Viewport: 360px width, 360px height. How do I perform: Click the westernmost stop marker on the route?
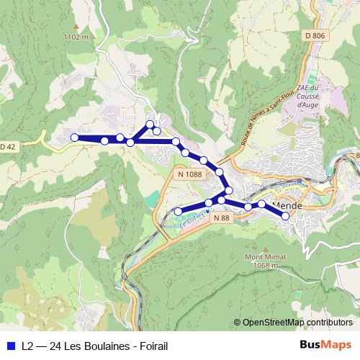click(x=74, y=138)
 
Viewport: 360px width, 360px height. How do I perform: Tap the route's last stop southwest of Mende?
click(x=286, y=215)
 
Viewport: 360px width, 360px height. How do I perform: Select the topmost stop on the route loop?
click(x=150, y=125)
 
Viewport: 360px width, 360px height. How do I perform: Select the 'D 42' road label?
click(x=6, y=147)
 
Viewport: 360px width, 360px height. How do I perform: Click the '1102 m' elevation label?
click(x=76, y=36)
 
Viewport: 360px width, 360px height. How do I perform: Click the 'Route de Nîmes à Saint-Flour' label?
click(x=263, y=119)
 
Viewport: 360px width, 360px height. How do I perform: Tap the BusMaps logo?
click(x=328, y=345)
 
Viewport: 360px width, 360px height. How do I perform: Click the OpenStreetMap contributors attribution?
click(x=297, y=323)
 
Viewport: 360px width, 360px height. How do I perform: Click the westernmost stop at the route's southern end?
click(x=179, y=211)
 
